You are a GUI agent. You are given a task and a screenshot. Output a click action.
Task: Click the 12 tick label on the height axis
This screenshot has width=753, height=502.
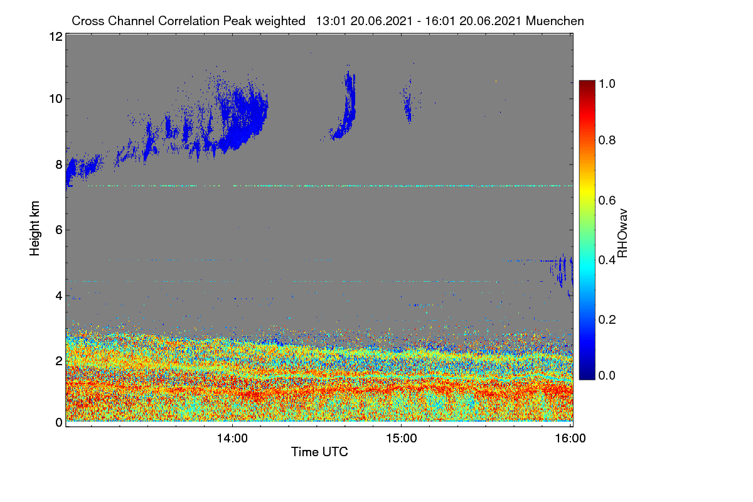[56, 36]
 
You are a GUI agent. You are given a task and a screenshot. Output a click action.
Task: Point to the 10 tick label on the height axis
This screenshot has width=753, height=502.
[56, 99]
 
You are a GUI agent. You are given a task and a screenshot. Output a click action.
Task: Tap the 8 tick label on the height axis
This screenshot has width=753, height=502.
[59, 165]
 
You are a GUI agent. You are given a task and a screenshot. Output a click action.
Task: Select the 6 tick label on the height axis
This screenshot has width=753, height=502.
[59, 230]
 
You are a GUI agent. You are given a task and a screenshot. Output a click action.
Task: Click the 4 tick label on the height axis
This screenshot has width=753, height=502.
[59, 296]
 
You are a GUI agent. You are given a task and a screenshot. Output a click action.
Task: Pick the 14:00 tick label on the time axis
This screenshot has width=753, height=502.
[232, 439]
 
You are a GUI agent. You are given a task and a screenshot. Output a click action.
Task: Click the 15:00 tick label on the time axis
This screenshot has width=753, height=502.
[402, 439]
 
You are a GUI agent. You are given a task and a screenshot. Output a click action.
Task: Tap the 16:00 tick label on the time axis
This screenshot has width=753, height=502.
[570, 439]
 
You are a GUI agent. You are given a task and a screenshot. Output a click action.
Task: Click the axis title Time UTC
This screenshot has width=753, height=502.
[319, 452]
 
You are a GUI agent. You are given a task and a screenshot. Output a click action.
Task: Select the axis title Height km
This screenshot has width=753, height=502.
[35, 228]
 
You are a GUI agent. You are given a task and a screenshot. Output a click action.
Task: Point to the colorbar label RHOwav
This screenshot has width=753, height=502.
[622, 233]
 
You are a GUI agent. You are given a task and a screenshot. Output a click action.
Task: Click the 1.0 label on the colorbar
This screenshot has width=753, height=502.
[607, 83]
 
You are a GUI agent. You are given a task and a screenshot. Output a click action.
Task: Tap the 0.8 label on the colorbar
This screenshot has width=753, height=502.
[607, 140]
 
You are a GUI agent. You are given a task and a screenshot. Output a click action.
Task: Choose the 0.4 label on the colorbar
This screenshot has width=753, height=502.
[607, 260]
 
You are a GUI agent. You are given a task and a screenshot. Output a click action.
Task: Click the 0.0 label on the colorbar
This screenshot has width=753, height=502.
[607, 375]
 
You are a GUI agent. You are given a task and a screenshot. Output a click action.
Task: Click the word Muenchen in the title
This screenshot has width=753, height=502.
[555, 21]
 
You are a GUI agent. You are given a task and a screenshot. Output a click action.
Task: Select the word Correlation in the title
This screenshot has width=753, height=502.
[189, 21]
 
